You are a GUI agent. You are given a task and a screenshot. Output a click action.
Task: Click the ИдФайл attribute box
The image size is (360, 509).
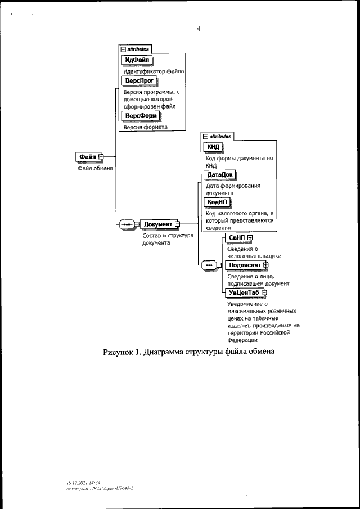coord(137,61)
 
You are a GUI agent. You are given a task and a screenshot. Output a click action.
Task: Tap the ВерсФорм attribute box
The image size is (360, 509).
coord(141,116)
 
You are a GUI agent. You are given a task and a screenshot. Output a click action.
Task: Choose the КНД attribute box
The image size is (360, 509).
coord(214,147)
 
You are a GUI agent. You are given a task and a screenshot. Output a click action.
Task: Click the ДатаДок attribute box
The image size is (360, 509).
coord(220,174)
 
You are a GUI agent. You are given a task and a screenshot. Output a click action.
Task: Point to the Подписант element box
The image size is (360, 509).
coord(245,265)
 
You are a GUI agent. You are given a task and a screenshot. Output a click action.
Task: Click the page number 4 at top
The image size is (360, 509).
coord(198,30)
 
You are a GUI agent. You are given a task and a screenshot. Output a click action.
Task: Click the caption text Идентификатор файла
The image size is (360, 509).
coord(154,72)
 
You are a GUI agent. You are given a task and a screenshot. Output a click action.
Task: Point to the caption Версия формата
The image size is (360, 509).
coord(146,127)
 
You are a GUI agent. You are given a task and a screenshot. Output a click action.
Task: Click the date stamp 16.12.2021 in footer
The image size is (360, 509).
coord(75,483)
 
